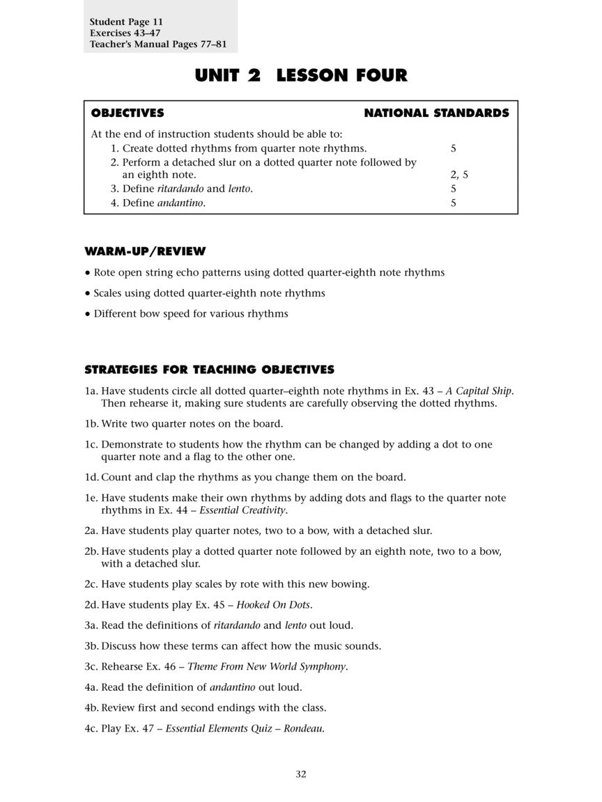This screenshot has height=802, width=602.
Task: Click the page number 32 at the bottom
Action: (x=300, y=774)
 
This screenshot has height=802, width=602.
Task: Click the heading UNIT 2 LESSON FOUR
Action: (x=301, y=75)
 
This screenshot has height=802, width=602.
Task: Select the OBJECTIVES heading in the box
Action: (x=128, y=113)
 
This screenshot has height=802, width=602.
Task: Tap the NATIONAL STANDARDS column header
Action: (x=436, y=113)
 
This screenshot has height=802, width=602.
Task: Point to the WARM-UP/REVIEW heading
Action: (x=145, y=251)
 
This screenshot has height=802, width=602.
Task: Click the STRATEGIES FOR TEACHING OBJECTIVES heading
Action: (x=209, y=370)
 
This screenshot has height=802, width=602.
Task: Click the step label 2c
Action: (x=91, y=583)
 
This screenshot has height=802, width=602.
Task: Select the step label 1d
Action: (x=91, y=477)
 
